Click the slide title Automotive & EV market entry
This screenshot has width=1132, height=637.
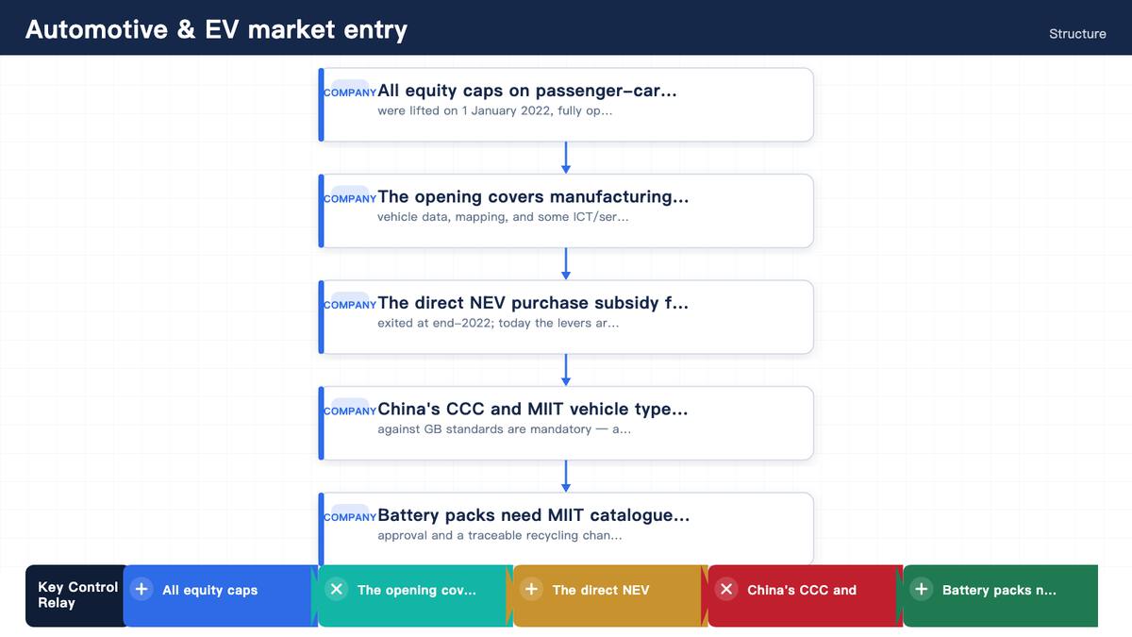(x=216, y=29)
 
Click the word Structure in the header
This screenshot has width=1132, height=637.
(x=1077, y=34)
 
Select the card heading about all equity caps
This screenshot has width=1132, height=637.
(x=526, y=91)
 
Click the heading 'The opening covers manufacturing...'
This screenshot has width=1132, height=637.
(x=533, y=196)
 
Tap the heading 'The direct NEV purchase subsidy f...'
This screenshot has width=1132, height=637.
(x=533, y=303)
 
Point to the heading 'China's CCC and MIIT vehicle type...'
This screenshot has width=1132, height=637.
(x=533, y=409)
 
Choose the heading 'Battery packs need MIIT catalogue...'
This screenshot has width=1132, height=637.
(x=533, y=515)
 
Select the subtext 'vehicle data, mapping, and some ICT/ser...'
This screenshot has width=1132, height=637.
(x=503, y=217)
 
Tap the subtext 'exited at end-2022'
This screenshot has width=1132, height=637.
(x=435, y=323)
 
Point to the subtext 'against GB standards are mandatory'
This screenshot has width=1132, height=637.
(x=485, y=429)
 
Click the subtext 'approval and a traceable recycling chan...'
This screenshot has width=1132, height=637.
(x=499, y=535)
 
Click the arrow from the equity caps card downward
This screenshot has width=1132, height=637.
(x=566, y=158)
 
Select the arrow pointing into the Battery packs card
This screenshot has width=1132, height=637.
(x=566, y=477)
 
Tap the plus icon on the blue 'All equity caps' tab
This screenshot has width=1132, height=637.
(x=141, y=589)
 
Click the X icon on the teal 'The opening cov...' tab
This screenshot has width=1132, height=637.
(x=337, y=589)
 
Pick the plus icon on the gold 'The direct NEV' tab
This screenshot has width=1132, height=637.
(x=532, y=589)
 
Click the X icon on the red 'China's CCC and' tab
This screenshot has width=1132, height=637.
(x=726, y=589)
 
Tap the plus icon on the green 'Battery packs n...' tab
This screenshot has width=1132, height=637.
(x=922, y=589)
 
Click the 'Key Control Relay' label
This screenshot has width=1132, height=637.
(x=77, y=595)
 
